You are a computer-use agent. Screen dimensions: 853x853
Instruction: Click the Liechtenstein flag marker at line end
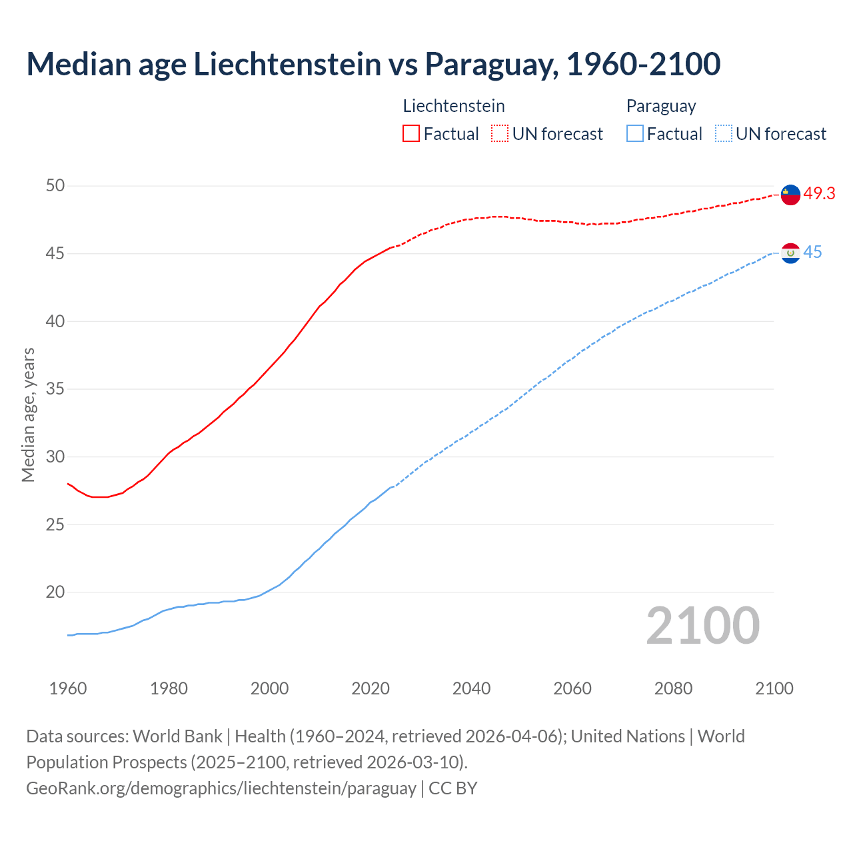pyautogui.click(x=790, y=195)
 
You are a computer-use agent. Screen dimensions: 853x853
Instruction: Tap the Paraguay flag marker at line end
pyautogui.click(x=790, y=253)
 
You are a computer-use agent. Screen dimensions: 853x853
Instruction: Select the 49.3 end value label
pyautogui.click(x=819, y=194)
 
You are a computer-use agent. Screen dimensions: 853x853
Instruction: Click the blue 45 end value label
pyautogui.click(x=812, y=253)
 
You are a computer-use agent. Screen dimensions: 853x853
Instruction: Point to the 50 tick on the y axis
pyautogui.click(x=55, y=186)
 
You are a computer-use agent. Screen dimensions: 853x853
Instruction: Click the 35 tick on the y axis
pyautogui.click(x=55, y=389)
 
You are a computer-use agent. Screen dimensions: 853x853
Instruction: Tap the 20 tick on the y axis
pyautogui.click(x=55, y=592)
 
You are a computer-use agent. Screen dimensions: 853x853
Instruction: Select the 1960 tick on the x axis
pyautogui.click(x=68, y=688)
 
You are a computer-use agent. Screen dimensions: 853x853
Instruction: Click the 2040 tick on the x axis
pyautogui.click(x=471, y=688)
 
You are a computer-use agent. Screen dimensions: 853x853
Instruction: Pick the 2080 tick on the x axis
pyautogui.click(x=673, y=688)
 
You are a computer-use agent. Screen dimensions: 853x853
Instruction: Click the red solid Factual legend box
pyautogui.click(x=411, y=134)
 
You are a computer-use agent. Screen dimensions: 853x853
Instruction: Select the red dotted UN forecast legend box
pyautogui.click(x=500, y=134)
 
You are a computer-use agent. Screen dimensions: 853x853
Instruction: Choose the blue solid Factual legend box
pyautogui.click(x=635, y=134)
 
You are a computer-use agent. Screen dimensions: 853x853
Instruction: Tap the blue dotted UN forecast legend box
pyautogui.click(x=723, y=134)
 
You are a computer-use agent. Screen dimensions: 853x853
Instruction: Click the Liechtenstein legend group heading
pyautogui.click(x=454, y=106)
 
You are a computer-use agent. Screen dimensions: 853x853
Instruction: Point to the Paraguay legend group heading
pyautogui.click(x=661, y=106)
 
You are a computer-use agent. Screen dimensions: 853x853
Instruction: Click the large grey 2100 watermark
pyautogui.click(x=702, y=626)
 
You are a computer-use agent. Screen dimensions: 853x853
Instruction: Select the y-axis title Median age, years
pyautogui.click(x=28, y=415)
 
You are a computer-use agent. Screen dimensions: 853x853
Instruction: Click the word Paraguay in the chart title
pyautogui.click(x=487, y=65)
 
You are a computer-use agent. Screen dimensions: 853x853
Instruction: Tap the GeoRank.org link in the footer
pyautogui.click(x=221, y=788)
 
